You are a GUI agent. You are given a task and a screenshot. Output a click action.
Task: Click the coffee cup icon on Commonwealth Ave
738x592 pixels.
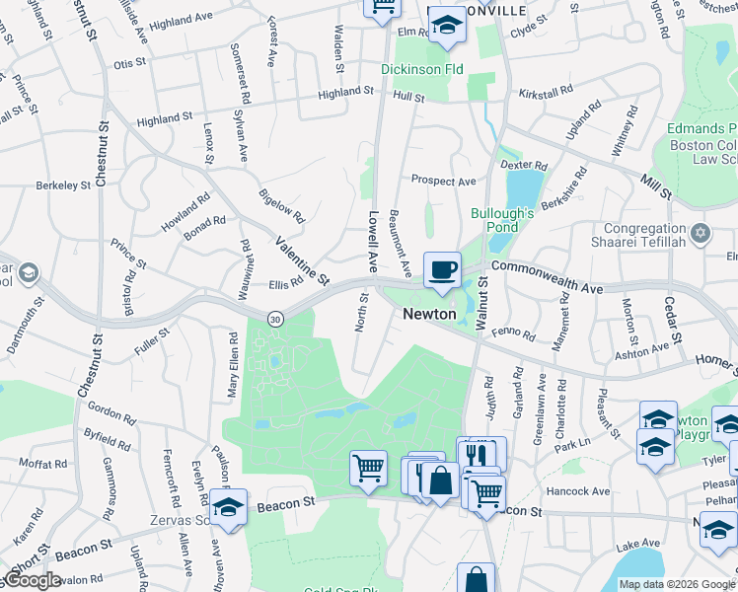tap(442, 269)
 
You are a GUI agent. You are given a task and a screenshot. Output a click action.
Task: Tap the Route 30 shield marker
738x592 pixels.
tap(275, 319)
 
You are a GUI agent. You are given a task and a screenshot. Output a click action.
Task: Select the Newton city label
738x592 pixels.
tap(428, 314)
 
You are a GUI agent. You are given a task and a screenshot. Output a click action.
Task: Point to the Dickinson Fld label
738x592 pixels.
tap(422, 70)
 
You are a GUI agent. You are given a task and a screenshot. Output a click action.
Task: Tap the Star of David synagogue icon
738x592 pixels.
tap(701, 234)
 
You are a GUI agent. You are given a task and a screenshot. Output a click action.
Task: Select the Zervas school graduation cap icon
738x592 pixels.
tap(228, 510)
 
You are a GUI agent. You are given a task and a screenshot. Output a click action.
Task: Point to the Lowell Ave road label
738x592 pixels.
tap(373, 241)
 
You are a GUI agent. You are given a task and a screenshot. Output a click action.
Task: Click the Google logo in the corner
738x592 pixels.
tap(32, 580)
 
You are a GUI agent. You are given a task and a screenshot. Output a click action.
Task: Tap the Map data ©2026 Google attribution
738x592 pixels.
tap(676, 584)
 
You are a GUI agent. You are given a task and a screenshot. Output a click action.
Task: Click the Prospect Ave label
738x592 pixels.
tap(444, 182)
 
